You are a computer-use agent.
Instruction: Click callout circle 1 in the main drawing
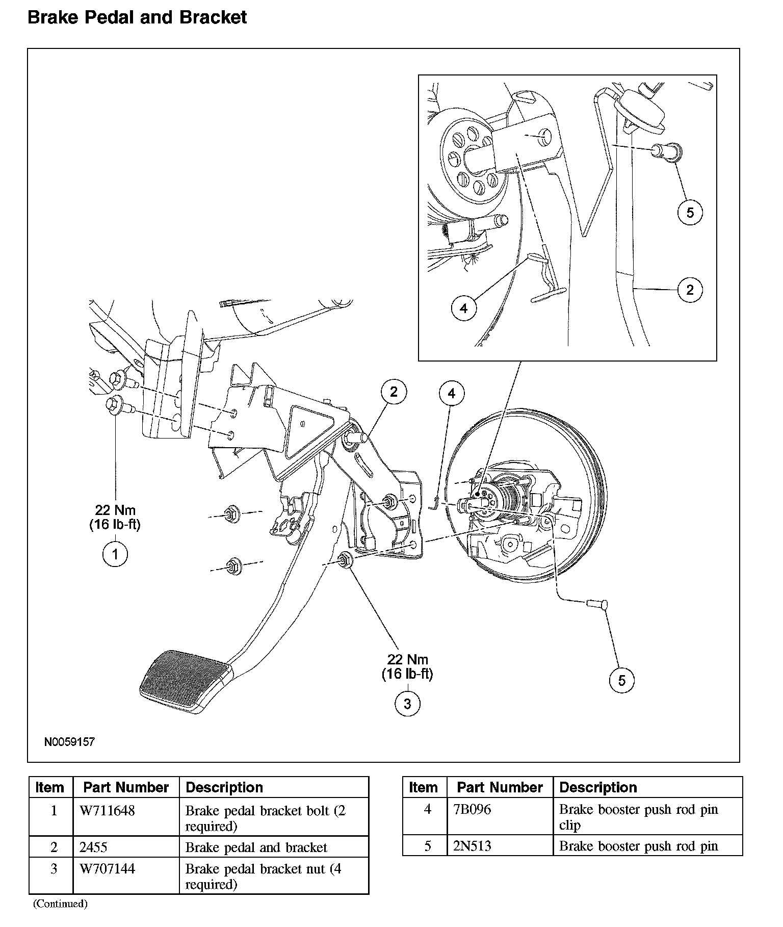point(115,554)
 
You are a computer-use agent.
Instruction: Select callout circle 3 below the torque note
point(407,704)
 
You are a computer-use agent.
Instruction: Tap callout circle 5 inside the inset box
point(690,212)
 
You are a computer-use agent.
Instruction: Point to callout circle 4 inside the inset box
point(464,308)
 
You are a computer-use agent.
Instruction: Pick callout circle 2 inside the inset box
point(690,290)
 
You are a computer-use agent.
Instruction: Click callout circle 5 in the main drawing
point(622,680)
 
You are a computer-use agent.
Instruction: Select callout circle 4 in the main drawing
point(452,393)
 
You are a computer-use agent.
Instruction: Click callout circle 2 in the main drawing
point(394,392)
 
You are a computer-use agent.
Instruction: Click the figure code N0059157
point(69,741)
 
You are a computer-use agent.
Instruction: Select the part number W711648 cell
point(108,811)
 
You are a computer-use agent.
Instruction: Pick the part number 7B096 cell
point(473,809)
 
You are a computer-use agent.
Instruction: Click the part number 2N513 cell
point(473,846)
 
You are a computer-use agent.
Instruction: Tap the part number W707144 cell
point(108,868)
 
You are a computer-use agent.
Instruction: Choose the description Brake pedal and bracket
point(256,847)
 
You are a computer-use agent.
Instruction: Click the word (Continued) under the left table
point(61,904)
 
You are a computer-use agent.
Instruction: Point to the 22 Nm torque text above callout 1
point(115,510)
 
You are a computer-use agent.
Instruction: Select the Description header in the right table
point(598,787)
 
